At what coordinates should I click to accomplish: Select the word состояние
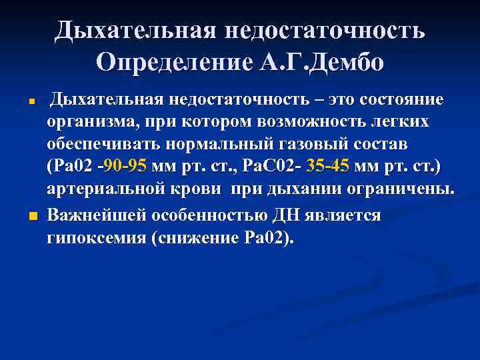pos(401,100)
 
